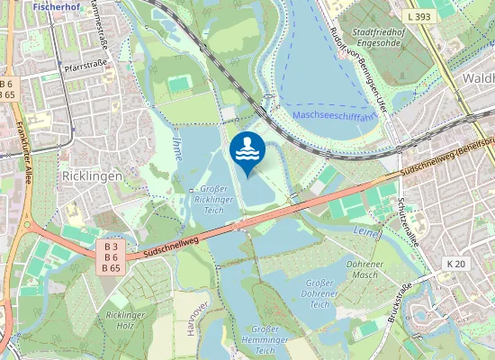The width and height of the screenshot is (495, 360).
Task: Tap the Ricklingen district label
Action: (91, 176)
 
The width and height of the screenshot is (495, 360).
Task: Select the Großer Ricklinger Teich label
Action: (214, 199)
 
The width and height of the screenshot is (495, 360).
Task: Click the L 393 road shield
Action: (418, 16)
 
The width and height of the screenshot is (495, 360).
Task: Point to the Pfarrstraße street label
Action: (85, 67)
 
